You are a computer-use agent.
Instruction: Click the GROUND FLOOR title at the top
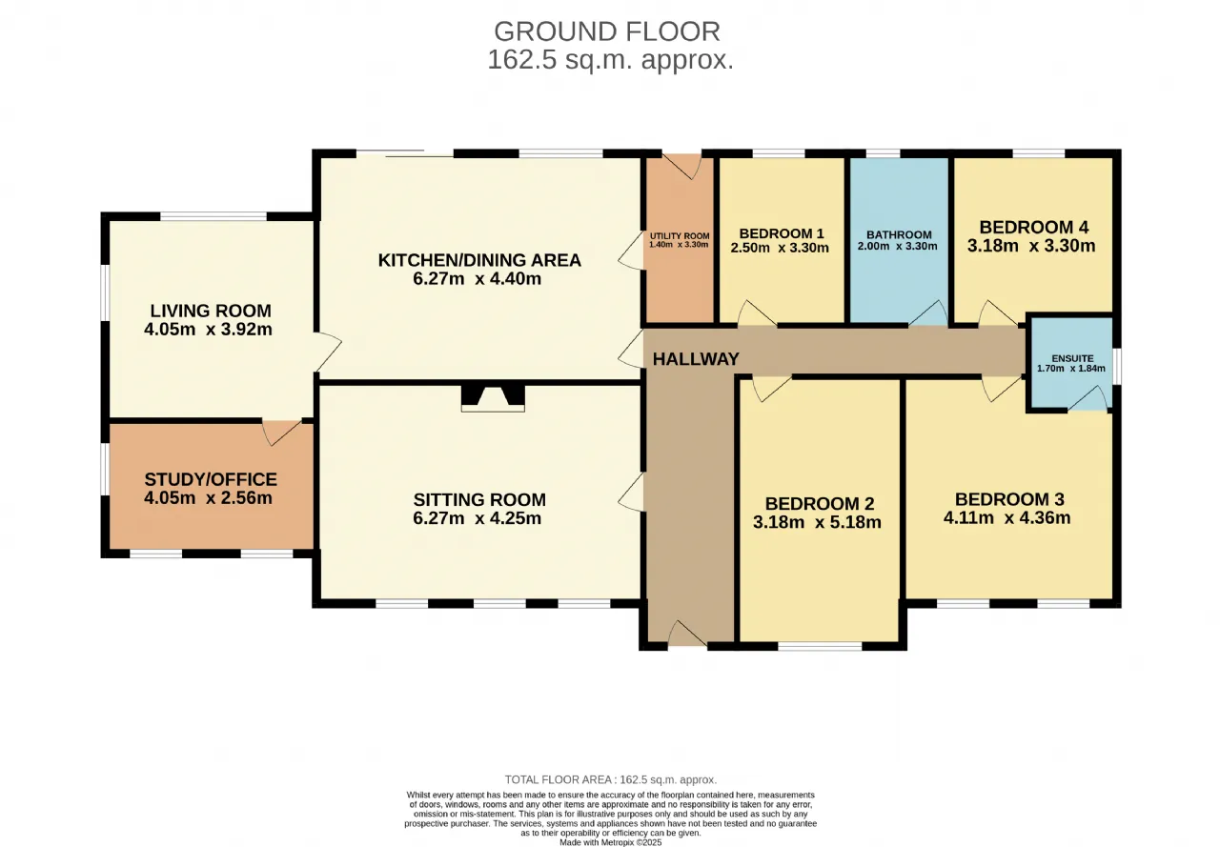tap(607, 31)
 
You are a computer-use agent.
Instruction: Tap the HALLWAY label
tap(696, 359)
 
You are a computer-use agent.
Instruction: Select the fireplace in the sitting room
tap(493, 398)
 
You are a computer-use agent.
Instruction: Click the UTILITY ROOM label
tap(680, 236)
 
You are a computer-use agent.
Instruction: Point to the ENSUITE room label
tap(1072, 359)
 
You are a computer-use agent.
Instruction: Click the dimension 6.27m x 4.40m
tap(478, 279)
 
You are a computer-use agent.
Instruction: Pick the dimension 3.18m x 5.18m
tap(817, 522)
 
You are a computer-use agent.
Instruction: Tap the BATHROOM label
tap(899, 235)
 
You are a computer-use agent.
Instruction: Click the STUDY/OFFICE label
tap(211, 479)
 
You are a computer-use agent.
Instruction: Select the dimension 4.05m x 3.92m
tap(208, 330)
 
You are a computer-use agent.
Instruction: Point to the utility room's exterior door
tap(681, 167)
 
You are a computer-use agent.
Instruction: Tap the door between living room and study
tap(281, 432)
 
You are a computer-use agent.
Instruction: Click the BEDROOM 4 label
tap(1034, 227)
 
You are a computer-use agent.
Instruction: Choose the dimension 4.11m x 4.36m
tap(1007, 517)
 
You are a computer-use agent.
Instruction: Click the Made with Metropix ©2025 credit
tap(611, 842)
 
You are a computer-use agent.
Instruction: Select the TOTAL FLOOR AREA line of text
tap(611, 780)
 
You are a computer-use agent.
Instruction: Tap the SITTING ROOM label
tap(479, 499)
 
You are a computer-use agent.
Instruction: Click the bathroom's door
tap(928, 313)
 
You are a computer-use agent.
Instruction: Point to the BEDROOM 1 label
tap(782, 234)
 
